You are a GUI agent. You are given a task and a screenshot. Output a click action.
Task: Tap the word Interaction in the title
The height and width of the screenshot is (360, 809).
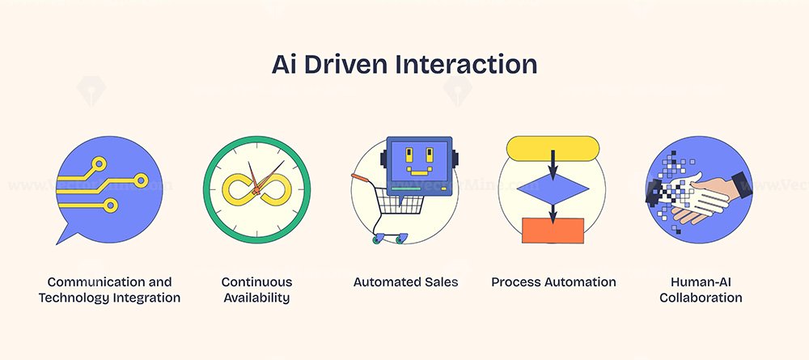click(467, 65)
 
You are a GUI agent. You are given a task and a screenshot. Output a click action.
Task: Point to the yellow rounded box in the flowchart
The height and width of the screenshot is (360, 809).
click(553, 149)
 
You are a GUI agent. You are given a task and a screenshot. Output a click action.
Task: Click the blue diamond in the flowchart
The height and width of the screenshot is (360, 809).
click(553, 189)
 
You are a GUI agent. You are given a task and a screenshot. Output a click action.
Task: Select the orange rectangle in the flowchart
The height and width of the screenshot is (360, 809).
click(553, 231)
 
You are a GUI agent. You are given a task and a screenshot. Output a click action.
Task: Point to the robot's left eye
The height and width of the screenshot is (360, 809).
click(409, 155)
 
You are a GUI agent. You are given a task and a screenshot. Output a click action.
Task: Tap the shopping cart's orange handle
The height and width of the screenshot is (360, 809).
click(359, 179)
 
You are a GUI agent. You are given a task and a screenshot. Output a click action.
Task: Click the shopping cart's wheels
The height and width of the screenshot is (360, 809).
click(388, 239)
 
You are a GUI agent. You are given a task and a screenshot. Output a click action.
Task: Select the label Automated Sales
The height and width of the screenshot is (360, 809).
click(405, 282)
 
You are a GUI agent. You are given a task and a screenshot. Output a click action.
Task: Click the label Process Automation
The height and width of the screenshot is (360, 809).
click(553, 282)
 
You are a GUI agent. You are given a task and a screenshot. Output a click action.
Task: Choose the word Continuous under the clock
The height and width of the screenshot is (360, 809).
click(257, 282)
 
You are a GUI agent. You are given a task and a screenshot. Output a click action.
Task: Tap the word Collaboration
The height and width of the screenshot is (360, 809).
click(701, 298)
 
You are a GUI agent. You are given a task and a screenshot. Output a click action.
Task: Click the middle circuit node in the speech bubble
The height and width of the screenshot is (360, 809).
click(140, 180)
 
